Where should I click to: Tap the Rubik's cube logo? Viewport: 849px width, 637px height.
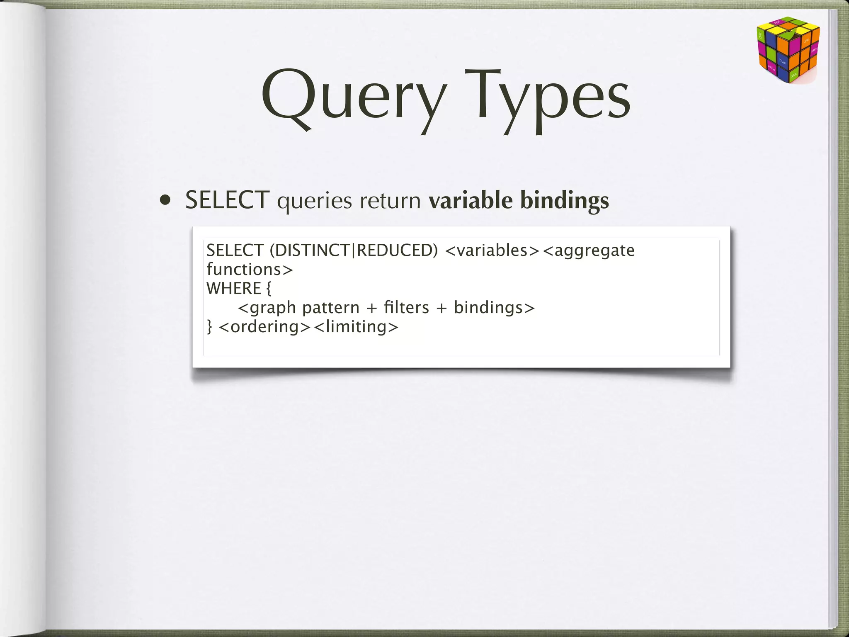787,50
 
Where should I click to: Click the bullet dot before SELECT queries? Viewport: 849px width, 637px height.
165,201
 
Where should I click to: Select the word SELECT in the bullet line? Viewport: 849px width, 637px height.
227,200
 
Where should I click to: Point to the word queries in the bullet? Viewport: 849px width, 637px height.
314,202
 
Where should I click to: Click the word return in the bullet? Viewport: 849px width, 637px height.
390,201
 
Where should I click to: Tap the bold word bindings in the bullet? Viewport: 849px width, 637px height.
564,202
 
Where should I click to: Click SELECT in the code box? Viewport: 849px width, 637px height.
235,250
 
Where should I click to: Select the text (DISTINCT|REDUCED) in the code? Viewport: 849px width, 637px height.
354,250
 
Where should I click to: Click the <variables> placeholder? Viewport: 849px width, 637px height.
492,250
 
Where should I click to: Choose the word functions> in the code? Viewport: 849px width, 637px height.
250,270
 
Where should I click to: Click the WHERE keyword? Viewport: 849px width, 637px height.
234,289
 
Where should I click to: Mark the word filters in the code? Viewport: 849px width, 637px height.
406,307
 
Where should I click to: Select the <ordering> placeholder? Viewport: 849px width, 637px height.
264,327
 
